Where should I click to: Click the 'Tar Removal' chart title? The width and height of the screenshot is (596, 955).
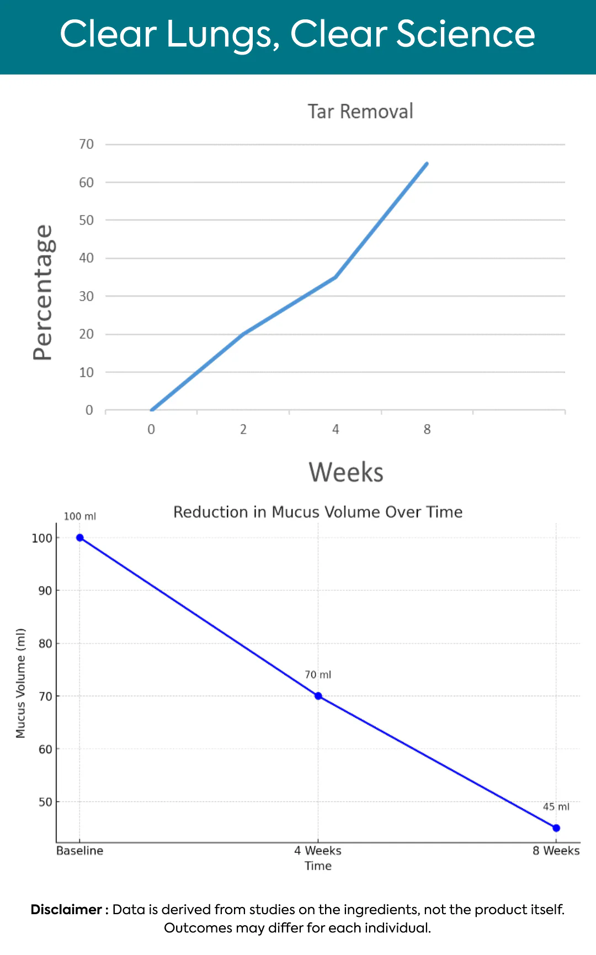(x=360, y=111)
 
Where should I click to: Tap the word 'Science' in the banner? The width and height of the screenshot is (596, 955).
(x=465, y=34)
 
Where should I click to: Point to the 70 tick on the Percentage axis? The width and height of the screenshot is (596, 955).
(x=87, y=145)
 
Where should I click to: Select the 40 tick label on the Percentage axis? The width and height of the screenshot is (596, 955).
(x=87, y=258)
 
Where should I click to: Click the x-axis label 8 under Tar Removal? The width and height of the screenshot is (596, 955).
(x=427, y=430)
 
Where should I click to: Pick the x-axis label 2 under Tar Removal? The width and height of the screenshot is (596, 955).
(x=243, y=430)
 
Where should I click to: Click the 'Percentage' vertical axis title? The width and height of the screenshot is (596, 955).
(x=42, y=292)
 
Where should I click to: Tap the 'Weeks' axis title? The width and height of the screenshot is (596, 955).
(x=346, y=473)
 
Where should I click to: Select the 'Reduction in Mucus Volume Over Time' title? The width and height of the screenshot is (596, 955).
(x=318, y=512)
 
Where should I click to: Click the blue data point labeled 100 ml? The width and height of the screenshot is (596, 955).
(x=80, y=538)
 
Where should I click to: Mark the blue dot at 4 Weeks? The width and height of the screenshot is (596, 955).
(x=318, y=696)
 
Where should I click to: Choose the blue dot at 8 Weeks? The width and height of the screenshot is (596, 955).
(x=556, y=828)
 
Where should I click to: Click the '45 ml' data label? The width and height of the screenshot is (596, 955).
(x=556, y=807)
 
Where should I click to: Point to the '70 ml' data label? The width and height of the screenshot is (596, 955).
(x=318, y=675)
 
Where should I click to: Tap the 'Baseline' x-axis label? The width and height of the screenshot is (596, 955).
(x=80, y=851)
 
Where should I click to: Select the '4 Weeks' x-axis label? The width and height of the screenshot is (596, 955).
(x=318, y=851)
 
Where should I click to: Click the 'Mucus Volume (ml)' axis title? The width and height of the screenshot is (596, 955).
(x=21, y=683)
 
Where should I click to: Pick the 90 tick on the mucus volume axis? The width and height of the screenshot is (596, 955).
(x=45, y=591)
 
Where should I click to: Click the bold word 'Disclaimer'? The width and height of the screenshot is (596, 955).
(x=66, y=910)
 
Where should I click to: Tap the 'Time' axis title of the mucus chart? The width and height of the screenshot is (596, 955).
(x=318, y=866)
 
